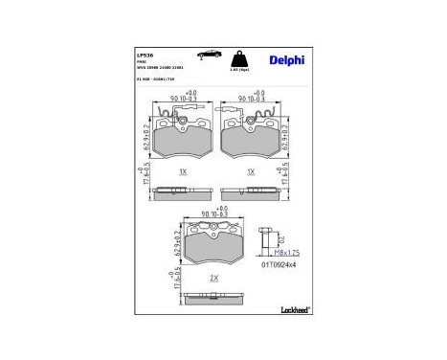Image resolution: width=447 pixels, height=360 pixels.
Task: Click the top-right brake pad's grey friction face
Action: pyautogui.click(x=251, y=140)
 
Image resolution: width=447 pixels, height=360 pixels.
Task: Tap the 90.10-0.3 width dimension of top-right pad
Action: pyautogui.click(x=252, y=96)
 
